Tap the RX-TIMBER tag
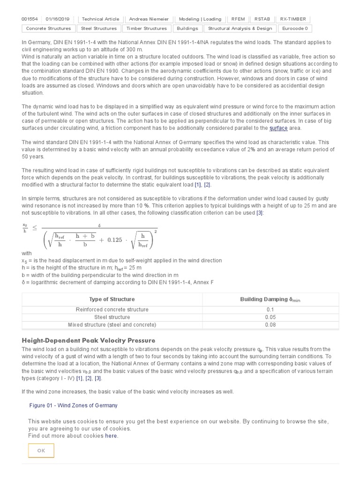point(293,19)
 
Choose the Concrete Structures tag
point(48,29)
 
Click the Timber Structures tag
point(147,29)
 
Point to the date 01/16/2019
point(58,19)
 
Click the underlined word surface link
point(278,128)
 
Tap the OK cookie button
point(41,450)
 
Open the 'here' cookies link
point(111,435)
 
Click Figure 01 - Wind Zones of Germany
point(73,405)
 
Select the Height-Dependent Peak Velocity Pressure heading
point(89,340)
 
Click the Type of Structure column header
point(112,299)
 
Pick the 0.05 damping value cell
point(270,317)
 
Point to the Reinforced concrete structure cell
point(112,310)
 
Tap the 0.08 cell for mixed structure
point(270,325)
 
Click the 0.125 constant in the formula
point(115,240)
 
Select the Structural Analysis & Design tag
point(240,29)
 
